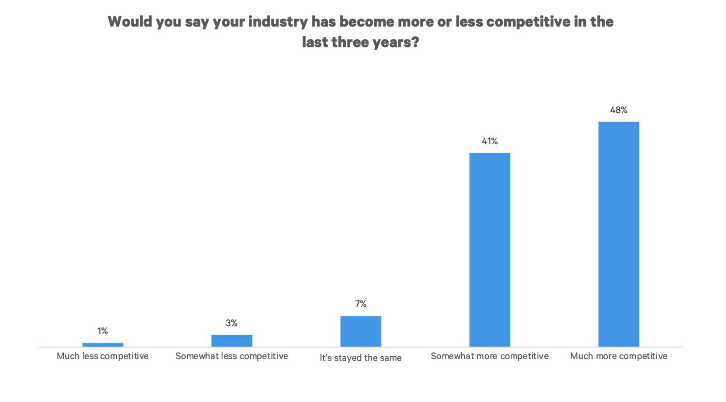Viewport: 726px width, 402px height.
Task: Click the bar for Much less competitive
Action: (102, 345)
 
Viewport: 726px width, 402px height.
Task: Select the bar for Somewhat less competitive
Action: (231, 341)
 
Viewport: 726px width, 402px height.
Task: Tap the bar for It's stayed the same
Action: (360, 331)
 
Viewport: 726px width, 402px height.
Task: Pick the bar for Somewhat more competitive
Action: (489, 250)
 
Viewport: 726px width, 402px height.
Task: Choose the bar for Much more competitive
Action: (618, 234)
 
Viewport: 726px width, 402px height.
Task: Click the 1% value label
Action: (102, 331)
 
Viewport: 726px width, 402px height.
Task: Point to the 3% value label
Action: (231, 323)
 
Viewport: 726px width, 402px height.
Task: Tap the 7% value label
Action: (360, 304)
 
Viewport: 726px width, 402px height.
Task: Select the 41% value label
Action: (489, 141)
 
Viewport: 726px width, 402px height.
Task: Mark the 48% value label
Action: (618, 110)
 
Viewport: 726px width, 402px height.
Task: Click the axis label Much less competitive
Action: (102, 356)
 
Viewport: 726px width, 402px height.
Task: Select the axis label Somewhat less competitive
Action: (231, 356)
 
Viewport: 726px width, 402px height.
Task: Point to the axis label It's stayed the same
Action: (360, 358)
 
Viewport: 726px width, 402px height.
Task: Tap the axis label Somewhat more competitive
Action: (489, 356)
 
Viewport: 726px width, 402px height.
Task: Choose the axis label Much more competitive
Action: (618, 356)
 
